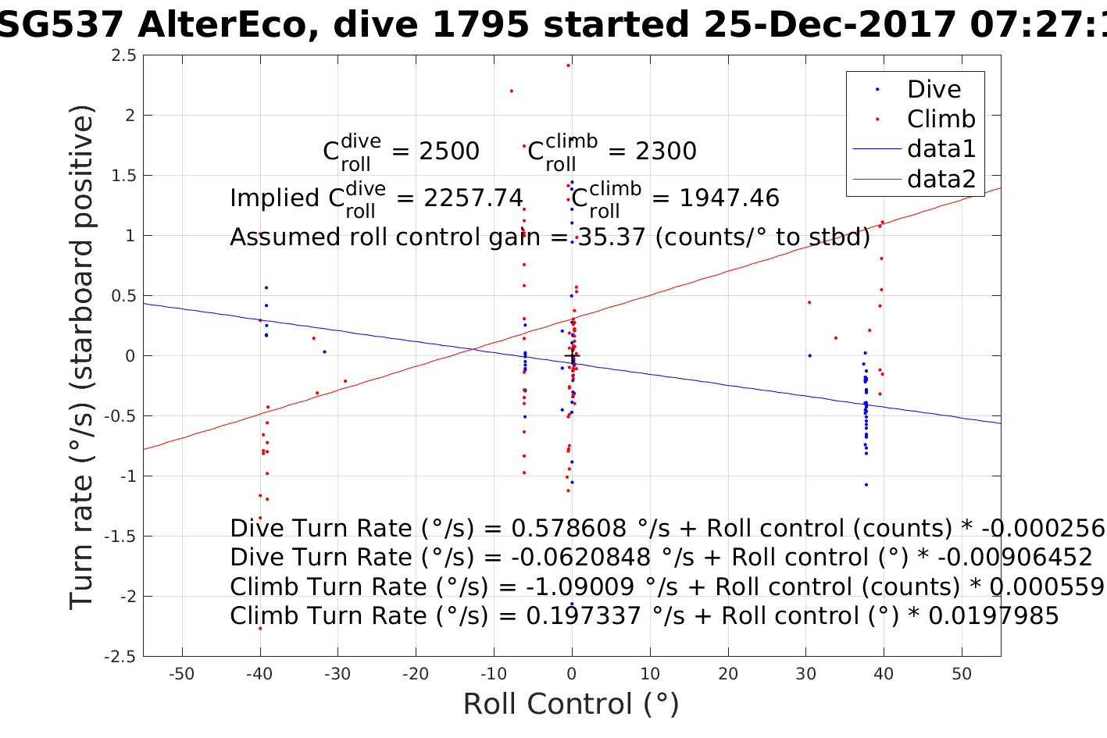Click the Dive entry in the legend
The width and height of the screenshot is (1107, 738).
pos(934,90)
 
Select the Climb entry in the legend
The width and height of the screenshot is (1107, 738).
pos(941,119)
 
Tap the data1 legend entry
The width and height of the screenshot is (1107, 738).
pos(941,149)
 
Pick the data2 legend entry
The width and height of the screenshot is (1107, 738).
pos(941,180)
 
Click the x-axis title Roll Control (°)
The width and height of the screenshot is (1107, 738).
pos(571,704)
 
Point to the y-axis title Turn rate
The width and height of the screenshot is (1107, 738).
pos(83,356)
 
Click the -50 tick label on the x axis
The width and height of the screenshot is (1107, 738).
pos(181,674)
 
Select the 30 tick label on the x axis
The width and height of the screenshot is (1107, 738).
pos(805,674)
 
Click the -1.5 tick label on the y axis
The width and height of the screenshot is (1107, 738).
pos(120,537)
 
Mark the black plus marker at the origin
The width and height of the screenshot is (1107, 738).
pos(572,356)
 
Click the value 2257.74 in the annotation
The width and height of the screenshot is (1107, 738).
pos(473,198)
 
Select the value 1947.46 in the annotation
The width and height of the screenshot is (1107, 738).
pos(729,198)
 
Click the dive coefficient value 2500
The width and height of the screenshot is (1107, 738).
pos(449,152)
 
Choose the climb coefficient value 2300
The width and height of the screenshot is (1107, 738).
pos(666,152)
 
